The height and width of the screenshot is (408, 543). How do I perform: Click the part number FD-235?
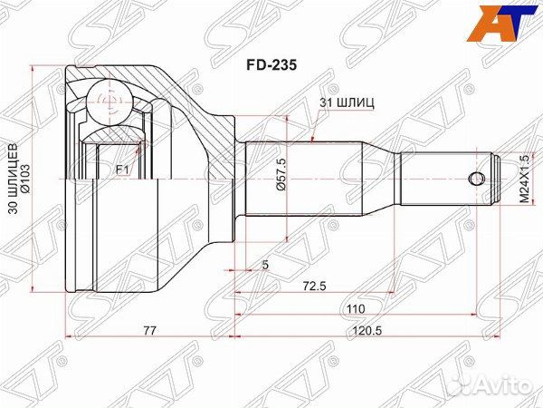pyautogui.click(x=271, y=65)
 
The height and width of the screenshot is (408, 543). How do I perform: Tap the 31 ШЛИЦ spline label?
pyautogui.click(x=347, y=103)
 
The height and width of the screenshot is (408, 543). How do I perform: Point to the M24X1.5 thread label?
pyautogui.click(x=525, y=179)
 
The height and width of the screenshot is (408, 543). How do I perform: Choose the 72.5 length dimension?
pyautogui.click(x=314, y=287)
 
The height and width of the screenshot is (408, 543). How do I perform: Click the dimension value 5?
pyautogui.click(x=265, y=265)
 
